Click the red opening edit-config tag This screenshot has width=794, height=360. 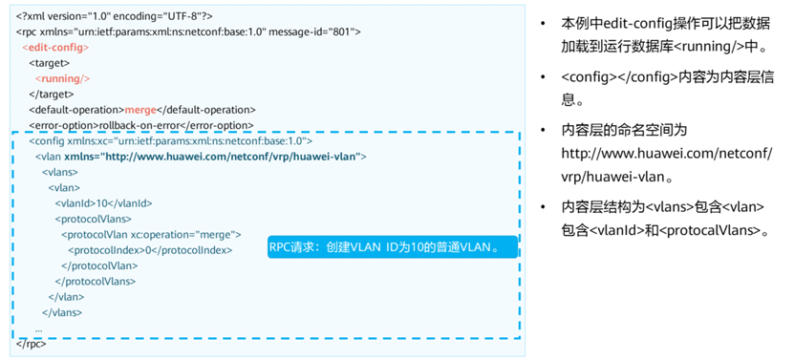56,47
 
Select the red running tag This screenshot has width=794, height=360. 62,78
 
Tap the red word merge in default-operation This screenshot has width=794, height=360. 140,110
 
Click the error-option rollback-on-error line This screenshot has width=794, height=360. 139,125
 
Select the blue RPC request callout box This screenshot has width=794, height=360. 391,248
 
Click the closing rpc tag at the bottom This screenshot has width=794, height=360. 31,343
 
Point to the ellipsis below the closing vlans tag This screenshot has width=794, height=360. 38,328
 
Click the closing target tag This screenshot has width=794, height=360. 52,94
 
